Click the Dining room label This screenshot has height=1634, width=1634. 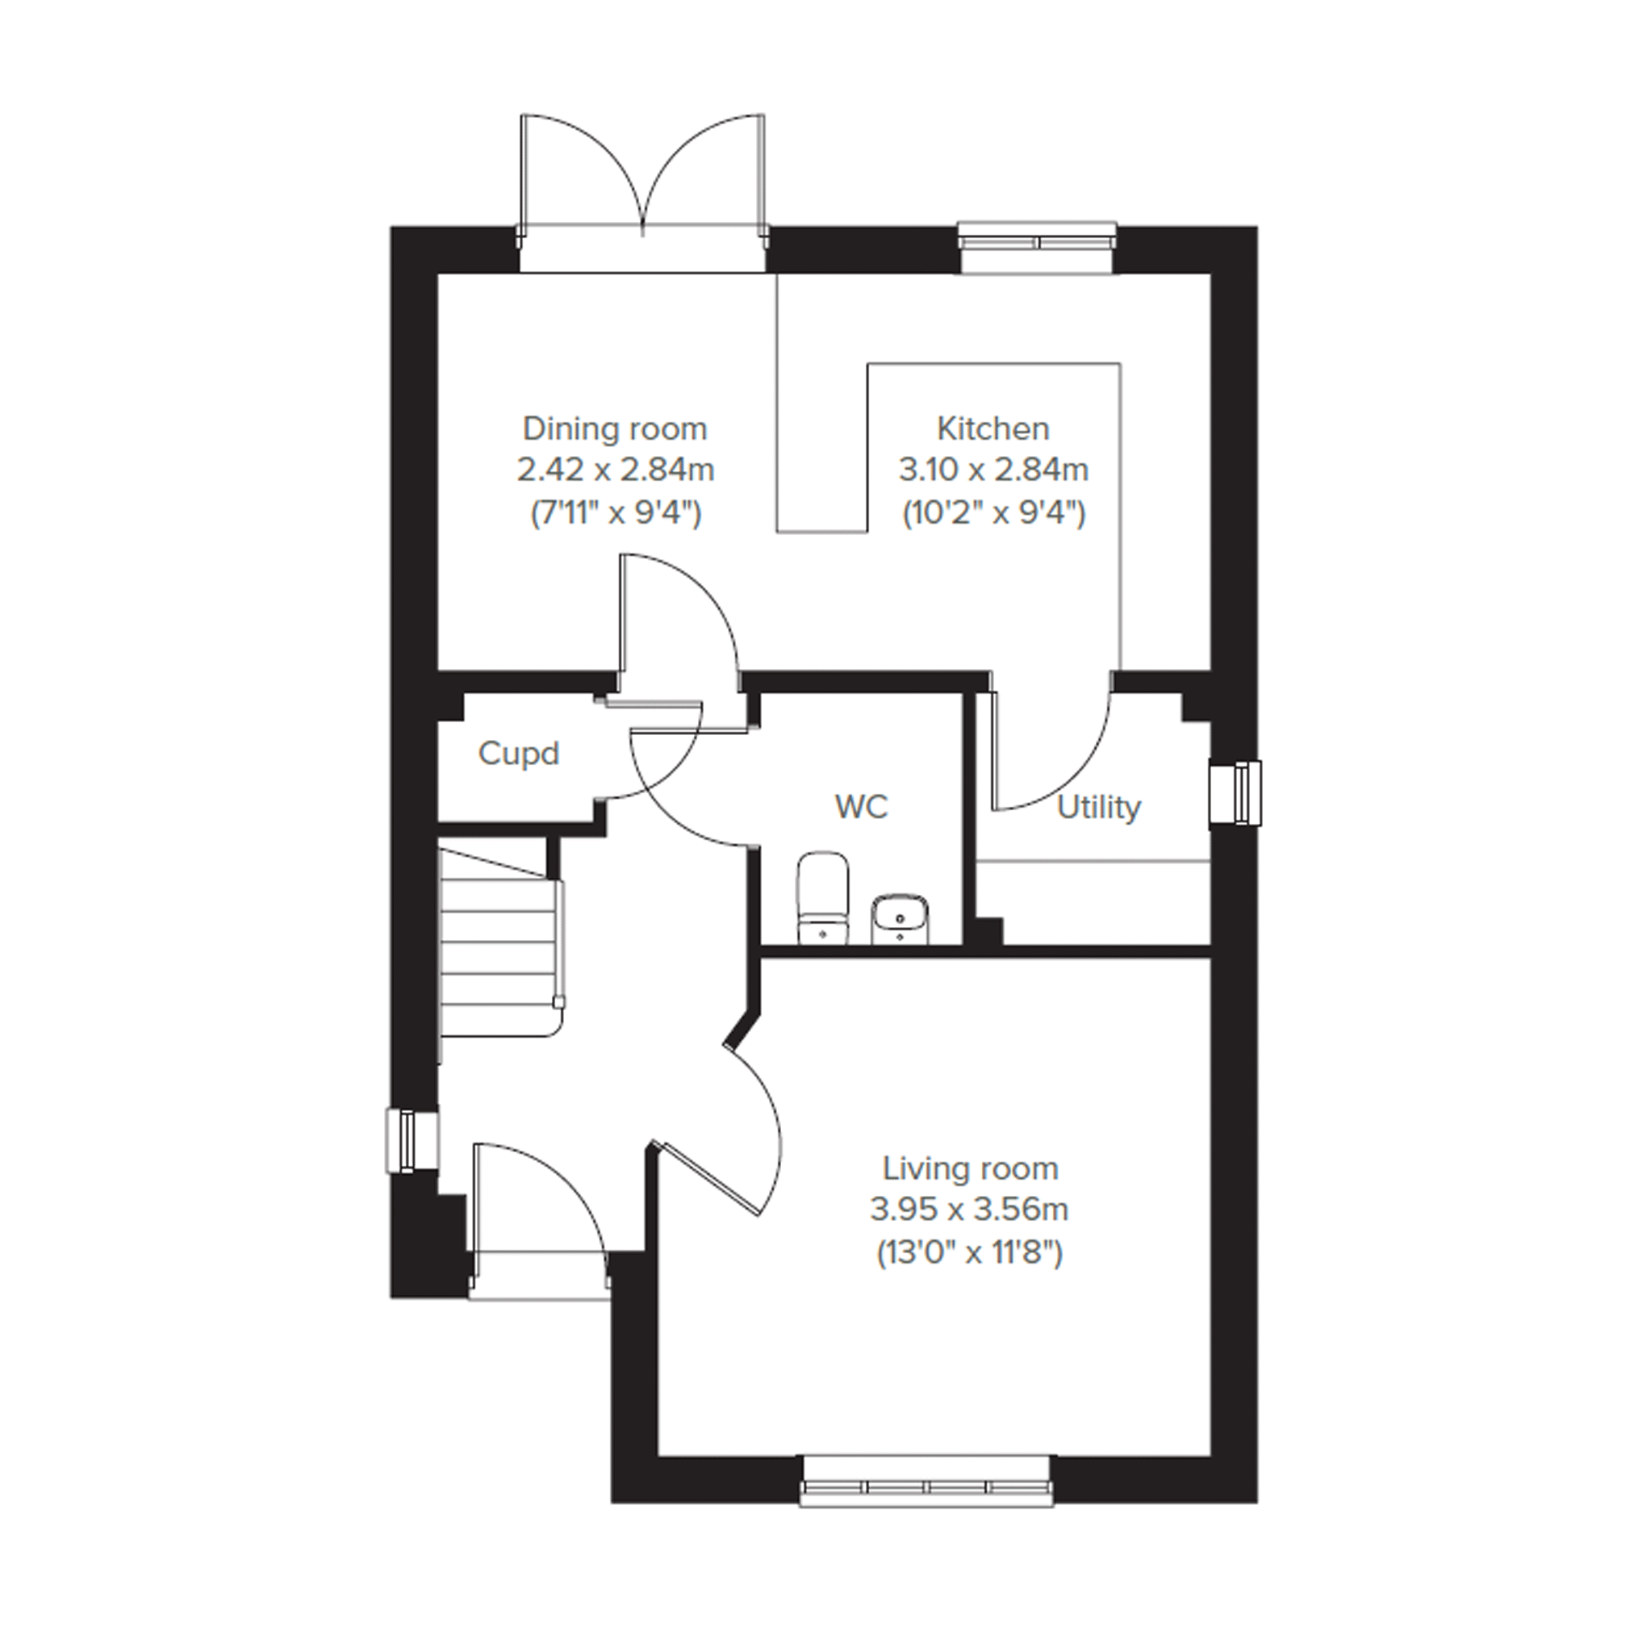pyautogui.click(x=615, y=428)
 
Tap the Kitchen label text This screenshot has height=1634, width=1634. pyautogui.click(x=993, y=428)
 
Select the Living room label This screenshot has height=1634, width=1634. pyautogui.click(x=970, y=1169)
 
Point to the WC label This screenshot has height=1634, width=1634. pyautogui.click(x=861, y=807)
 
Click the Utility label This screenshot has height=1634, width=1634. pyautogui.click(x=1099, y=809)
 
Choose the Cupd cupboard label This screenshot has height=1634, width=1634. pyautogui.click(x=519, y=754)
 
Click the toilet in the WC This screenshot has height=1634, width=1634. pyautogui.click(x=822, y=897)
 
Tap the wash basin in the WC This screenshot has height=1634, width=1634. pyautogui.click(x=900, y=918)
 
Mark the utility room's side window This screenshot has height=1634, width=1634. pyautogui.click(x=1237, y=792)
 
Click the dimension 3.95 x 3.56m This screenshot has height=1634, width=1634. pyautogui.click(x=969, y=1210)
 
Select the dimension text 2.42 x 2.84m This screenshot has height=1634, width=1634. pyautogui.click(x=616, y=470)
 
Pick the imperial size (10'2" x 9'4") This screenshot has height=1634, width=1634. pyautogui.click(x=994, y=512)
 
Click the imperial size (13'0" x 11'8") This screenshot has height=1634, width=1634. pyautogui.click(x=969, y=1252)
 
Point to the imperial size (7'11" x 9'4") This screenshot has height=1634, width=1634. pyautogui.click(x=616, y=512)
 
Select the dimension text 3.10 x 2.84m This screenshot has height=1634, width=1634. pyautogui.click(x=994, y=470)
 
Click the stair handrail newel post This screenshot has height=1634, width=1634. pyautogui.click(x=558, y=1002)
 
